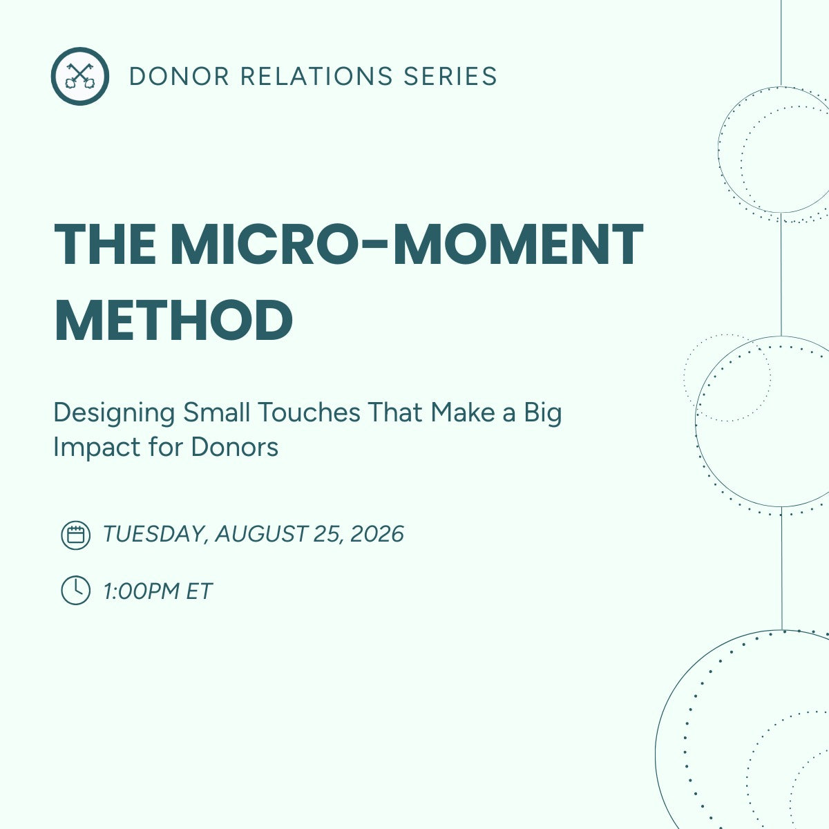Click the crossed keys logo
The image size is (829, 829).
click(x=79, y=76)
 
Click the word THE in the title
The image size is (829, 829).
click(x=105, y=245)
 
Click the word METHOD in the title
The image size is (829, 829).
click(x=173, y=320)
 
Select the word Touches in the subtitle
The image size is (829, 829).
click(x=309, y=412)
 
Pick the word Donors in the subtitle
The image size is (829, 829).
click(x=234, y=447)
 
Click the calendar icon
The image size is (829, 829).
click(x=75, y=535)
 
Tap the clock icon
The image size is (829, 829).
click(x=75, y=590)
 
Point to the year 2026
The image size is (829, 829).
click(x=377, y=534)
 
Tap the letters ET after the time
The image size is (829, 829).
click(x=198, y=591)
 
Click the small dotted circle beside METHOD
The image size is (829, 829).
click(x=727, y=378)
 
